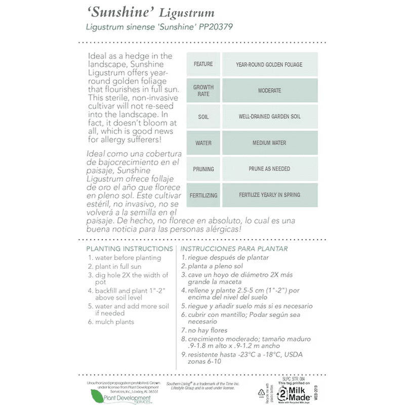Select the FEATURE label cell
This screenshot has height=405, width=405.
(204, 64)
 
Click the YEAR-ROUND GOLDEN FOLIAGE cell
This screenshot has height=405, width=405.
(269, 64)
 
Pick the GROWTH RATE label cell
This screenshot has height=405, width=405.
(204, 91)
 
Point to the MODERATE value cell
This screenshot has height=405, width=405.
(269, 91)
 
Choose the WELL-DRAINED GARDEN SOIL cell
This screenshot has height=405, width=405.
(269, 117)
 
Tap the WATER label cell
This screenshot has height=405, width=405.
(204, 143)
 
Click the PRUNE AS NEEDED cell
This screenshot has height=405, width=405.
(269, 169)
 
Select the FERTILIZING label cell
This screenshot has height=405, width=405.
(204, 195)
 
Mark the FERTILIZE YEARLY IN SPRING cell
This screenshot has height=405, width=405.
(269, 195)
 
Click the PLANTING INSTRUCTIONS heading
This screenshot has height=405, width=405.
(130, 249)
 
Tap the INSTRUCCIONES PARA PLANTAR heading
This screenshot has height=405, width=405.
(234, 249)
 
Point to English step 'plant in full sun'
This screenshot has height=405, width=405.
(118, 266)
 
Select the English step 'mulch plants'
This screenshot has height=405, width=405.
(114, 322)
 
